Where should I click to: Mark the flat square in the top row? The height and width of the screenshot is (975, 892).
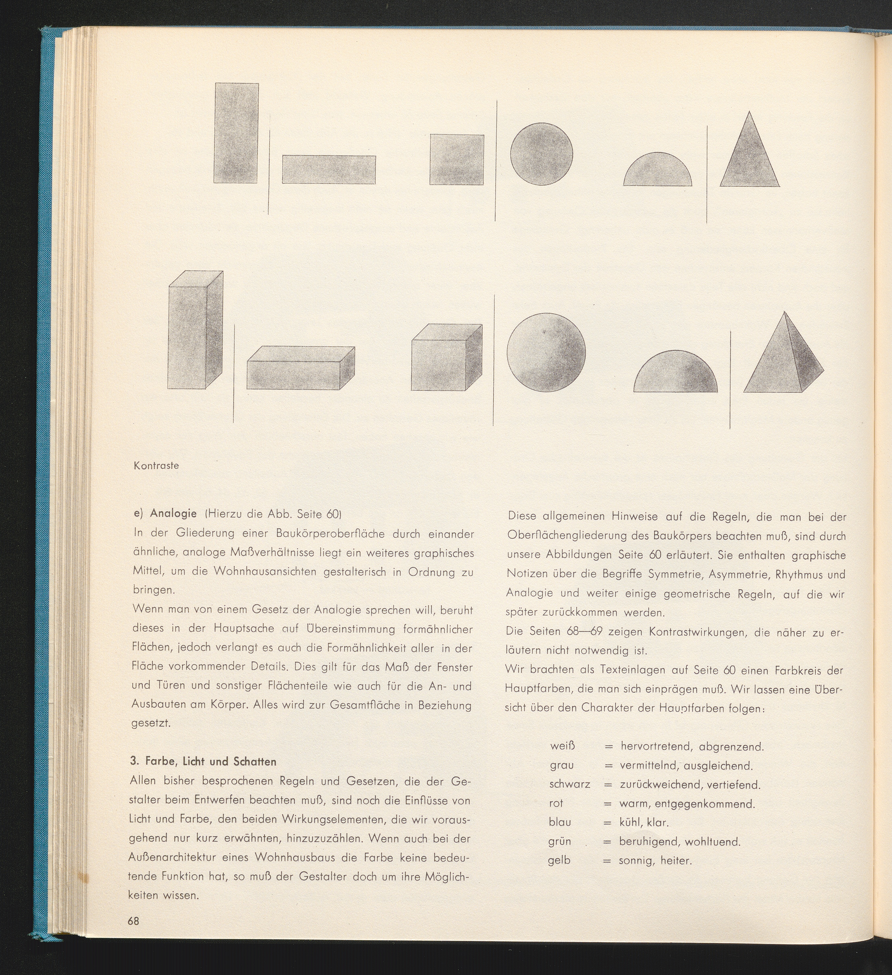coord(457,159)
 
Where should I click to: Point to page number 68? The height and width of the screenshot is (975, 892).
coord(134,921)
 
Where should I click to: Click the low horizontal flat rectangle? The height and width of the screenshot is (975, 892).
coord(329,170)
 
